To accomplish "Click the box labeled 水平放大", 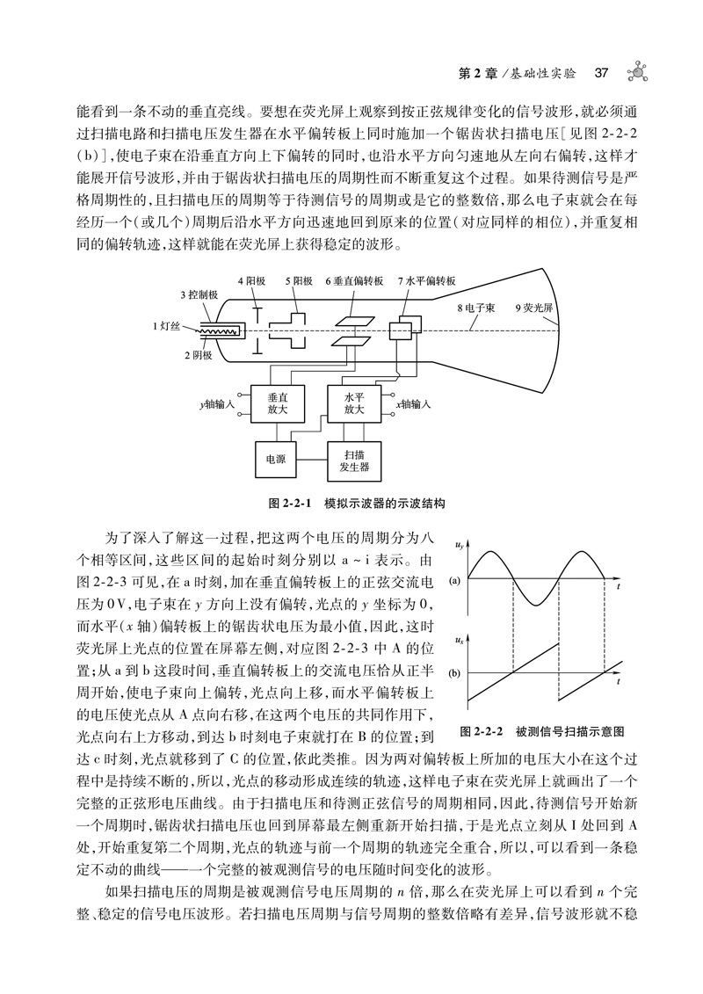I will tap(353, 403).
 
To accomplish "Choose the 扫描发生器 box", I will tap(353, 459).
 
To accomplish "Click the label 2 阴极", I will tap(198, 354).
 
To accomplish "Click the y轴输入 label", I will tap(215, 404).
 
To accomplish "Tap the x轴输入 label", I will tap(412, 404).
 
